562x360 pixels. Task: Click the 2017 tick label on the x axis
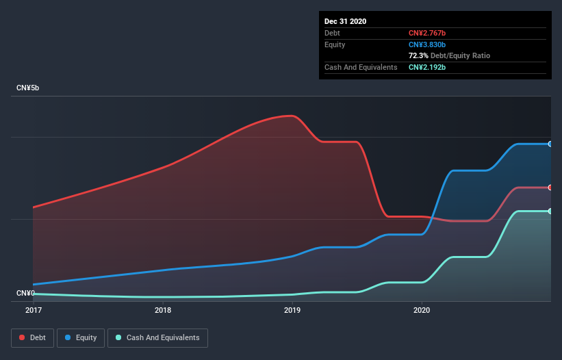coord(33,310)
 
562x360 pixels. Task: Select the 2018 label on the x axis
coord(163,310)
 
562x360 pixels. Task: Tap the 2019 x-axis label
coord(292,310)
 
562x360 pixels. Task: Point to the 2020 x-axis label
coord(422,310)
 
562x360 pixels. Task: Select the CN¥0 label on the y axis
coord(25,293)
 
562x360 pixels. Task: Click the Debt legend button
coord(31,337)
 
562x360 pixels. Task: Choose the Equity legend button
coord(81,337)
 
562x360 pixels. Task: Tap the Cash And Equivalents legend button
coord(157,337)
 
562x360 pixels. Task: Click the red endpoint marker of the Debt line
coord(550,188)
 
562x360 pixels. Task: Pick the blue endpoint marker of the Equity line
coord(550,144)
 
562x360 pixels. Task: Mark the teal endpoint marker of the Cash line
coord(550,211)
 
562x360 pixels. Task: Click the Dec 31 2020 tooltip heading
coord(345,21)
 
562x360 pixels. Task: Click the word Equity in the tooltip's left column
coord(335,44)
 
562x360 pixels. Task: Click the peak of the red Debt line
coord(292,116)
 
